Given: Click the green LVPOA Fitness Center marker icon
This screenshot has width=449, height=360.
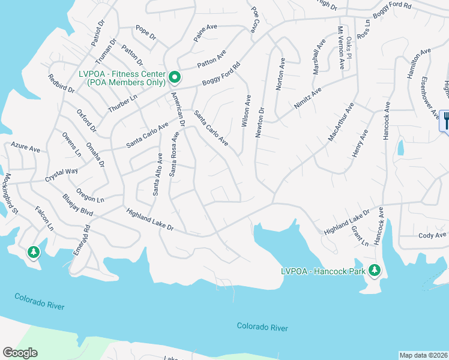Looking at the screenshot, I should point(175,76).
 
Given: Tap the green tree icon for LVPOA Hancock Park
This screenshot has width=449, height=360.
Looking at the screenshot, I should point(375,271).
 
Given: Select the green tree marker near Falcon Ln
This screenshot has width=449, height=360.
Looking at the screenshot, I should point(33,253).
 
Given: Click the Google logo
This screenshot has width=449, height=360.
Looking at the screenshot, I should point(20,352).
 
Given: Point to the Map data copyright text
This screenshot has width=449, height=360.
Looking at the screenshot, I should point(423,355).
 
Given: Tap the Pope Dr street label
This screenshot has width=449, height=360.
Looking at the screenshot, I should point(145,32).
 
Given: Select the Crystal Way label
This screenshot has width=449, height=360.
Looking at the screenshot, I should point(62,175).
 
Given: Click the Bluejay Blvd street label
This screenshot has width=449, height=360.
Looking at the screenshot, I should point(78,205).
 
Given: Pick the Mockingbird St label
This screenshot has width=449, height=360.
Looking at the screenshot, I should point(13,194).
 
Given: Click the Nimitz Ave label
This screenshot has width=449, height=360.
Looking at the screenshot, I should point(308,98).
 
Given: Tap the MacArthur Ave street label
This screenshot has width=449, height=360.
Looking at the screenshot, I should point(341,122).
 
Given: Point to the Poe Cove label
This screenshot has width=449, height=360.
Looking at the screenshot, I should point(255,20).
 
